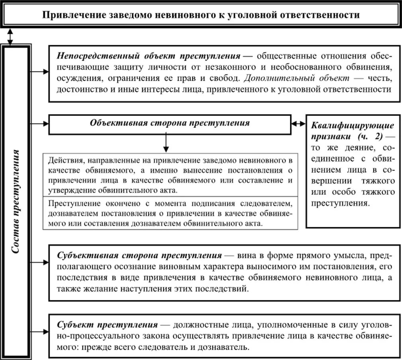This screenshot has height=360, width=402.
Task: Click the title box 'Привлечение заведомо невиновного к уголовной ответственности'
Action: [201, 15]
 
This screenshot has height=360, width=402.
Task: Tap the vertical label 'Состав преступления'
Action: [16, 201]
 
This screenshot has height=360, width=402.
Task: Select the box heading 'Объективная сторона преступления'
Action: [170, 123]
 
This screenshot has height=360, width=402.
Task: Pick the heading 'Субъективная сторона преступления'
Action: [139, 255]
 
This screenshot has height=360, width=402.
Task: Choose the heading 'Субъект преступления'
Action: [107, 324]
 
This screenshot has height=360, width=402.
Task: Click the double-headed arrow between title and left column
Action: [10, 36]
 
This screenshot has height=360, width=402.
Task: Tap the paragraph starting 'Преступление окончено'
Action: [170, 213]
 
